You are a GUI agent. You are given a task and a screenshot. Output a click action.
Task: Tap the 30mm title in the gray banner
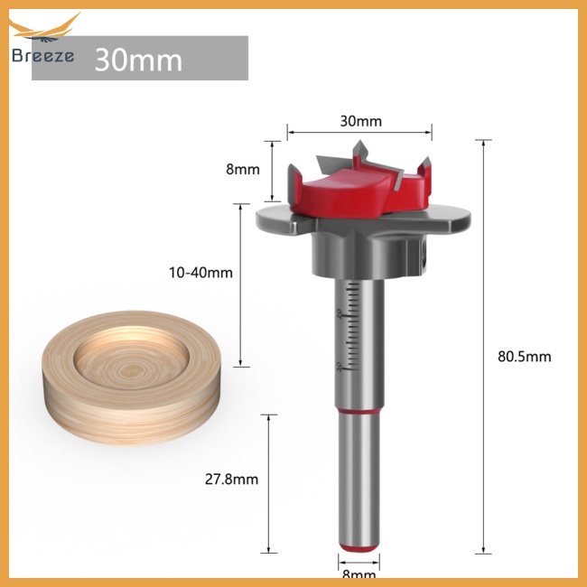point(138,60)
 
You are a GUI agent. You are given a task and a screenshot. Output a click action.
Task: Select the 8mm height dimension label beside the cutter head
point(243,168)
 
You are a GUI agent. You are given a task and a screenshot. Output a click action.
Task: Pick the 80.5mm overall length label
point(524,356)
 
